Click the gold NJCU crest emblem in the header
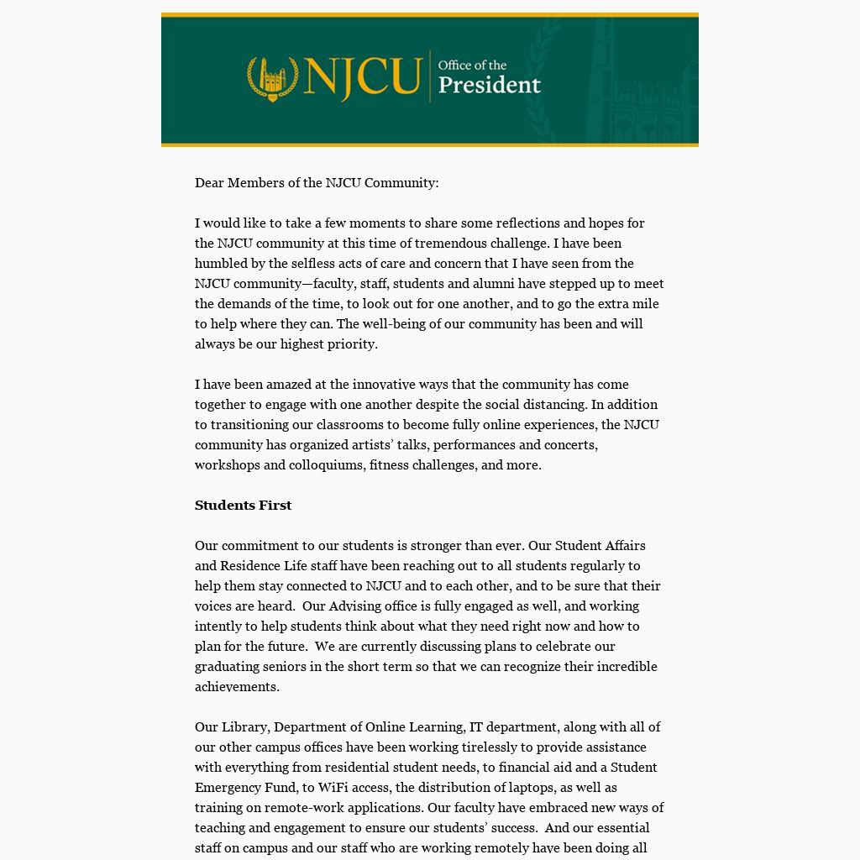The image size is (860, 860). [271, 78]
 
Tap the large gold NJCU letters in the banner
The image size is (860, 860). [362, 77]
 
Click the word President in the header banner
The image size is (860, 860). [490, 85]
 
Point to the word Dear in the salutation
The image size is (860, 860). [209, 182]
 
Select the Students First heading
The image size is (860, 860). [243, 505]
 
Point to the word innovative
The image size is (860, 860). [384, 384]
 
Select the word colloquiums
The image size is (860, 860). [326, 464]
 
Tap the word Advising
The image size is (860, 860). [358, 606]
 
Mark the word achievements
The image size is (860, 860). [236, 686]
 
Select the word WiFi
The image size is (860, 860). [334, 787]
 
